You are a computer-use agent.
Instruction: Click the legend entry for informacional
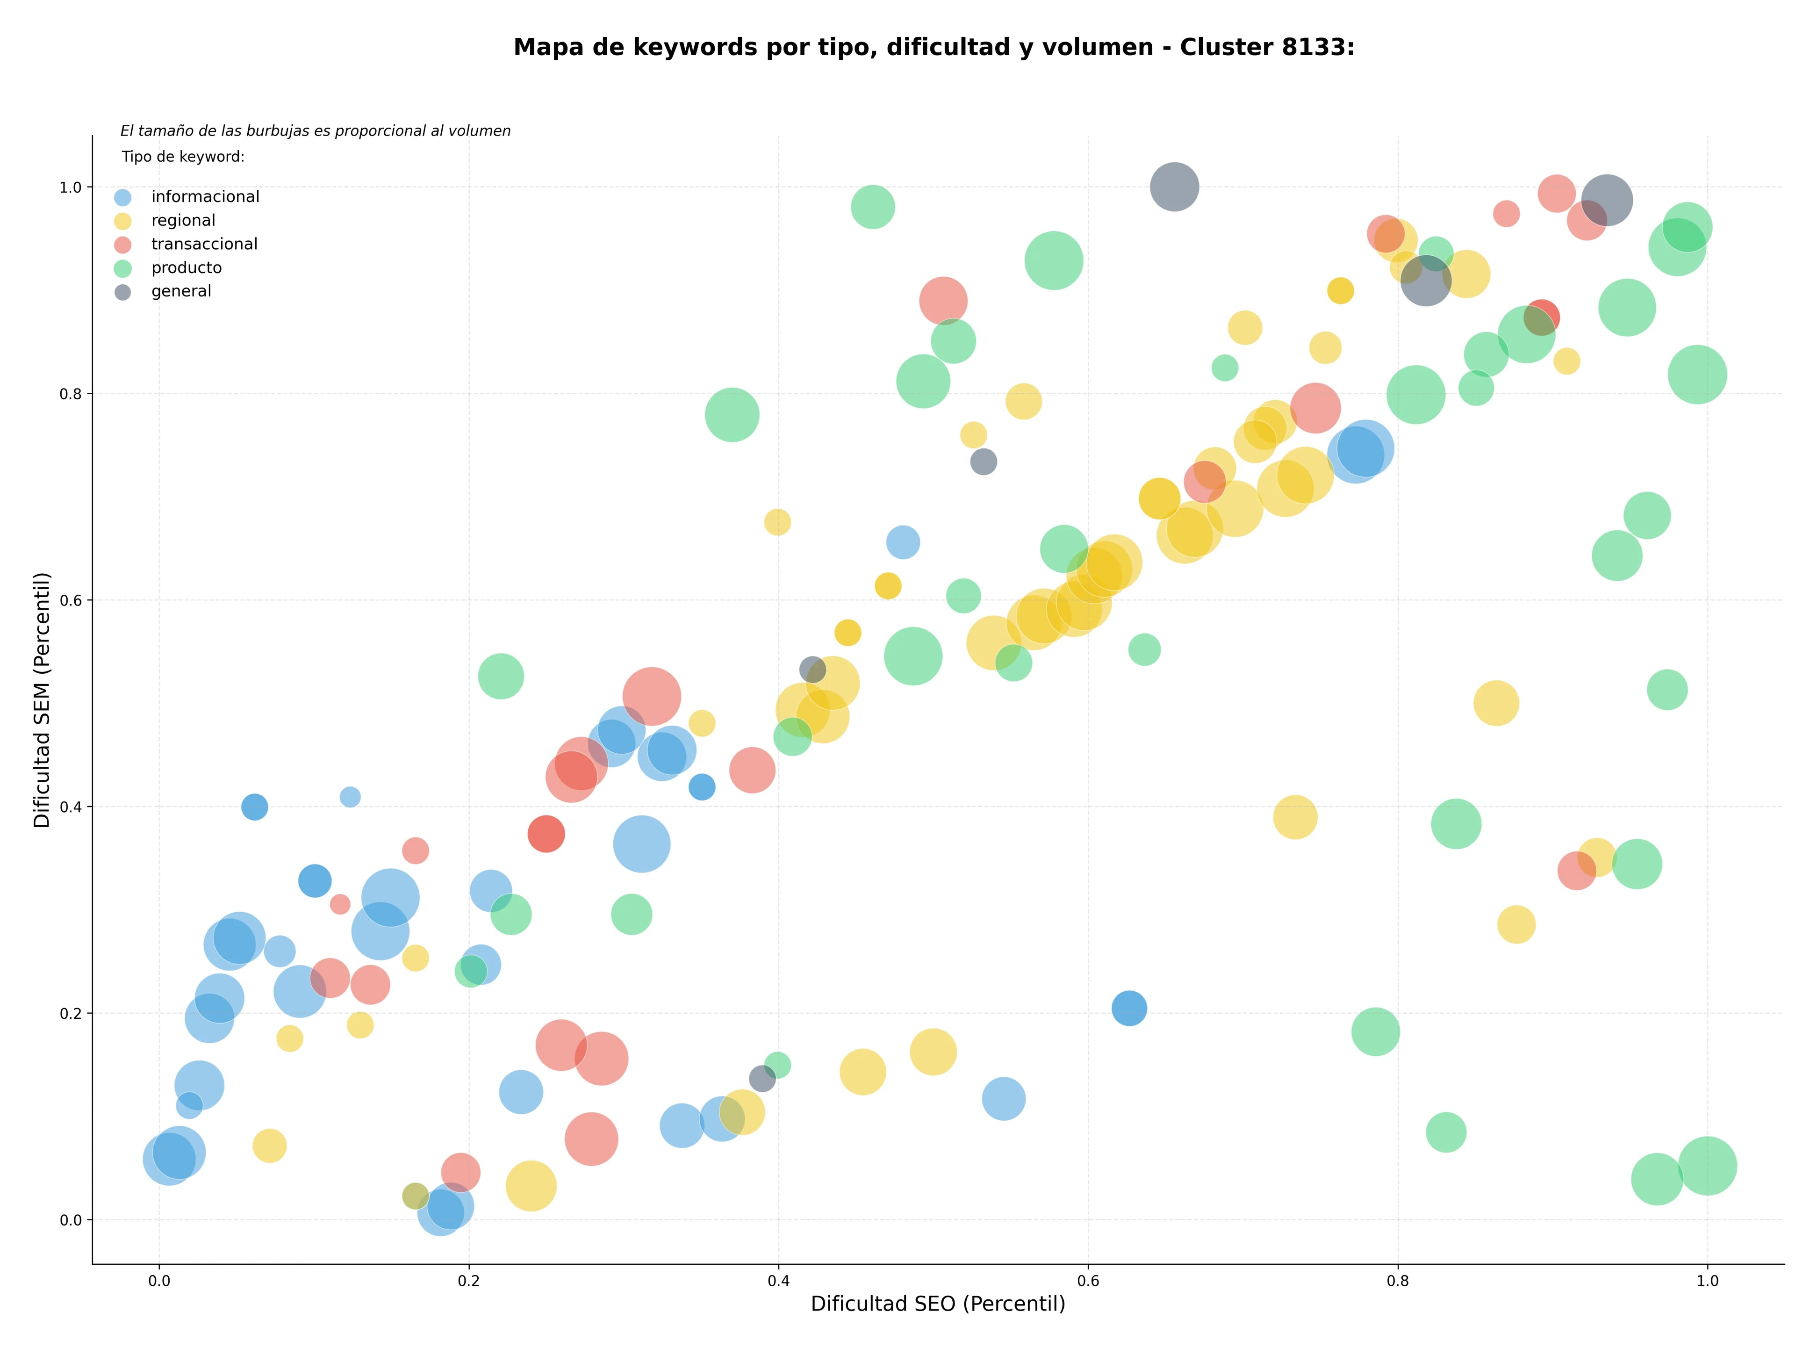187,197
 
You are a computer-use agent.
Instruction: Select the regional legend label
183,221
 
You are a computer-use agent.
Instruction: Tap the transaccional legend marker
122,244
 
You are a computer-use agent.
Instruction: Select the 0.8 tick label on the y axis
72,394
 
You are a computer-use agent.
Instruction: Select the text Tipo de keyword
183,157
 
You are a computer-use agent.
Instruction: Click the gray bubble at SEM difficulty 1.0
1173,187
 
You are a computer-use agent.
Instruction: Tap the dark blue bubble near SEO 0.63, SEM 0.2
1129,1008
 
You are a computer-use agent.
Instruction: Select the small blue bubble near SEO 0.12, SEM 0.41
350,797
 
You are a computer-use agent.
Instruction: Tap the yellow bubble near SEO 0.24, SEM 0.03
531,1186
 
